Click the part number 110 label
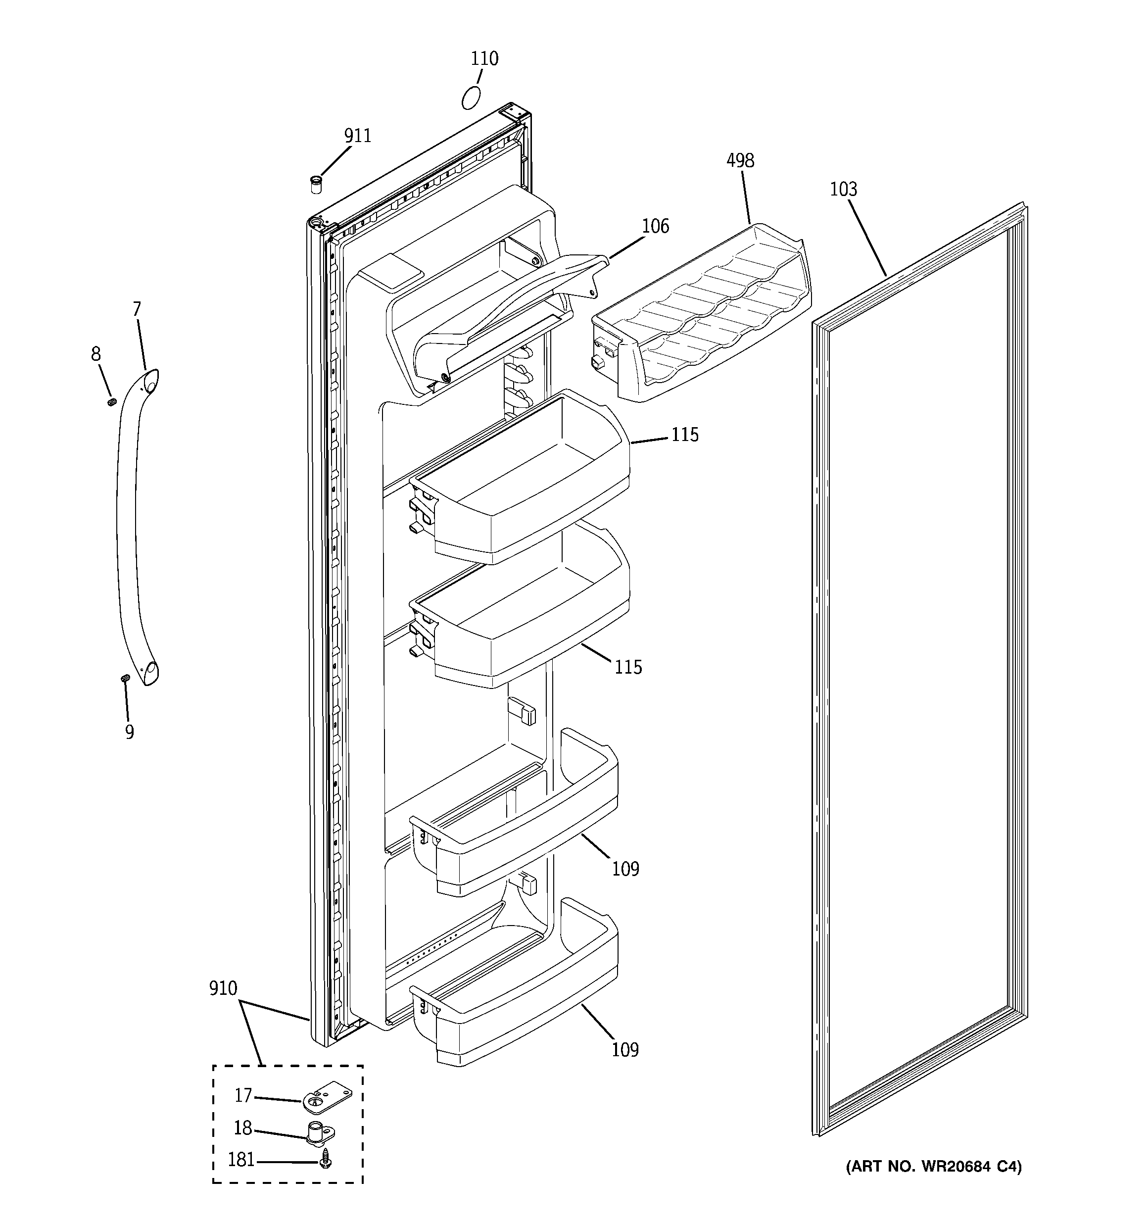coord(484,59)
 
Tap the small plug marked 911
coord(316,184)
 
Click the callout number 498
coord(740,161)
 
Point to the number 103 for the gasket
coord(843,189)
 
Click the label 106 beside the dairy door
coord(655,227)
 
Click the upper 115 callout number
coord(685,436)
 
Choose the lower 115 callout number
coord(628,667)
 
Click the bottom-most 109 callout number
coord(625,1050)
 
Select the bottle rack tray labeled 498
coord(703,314)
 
